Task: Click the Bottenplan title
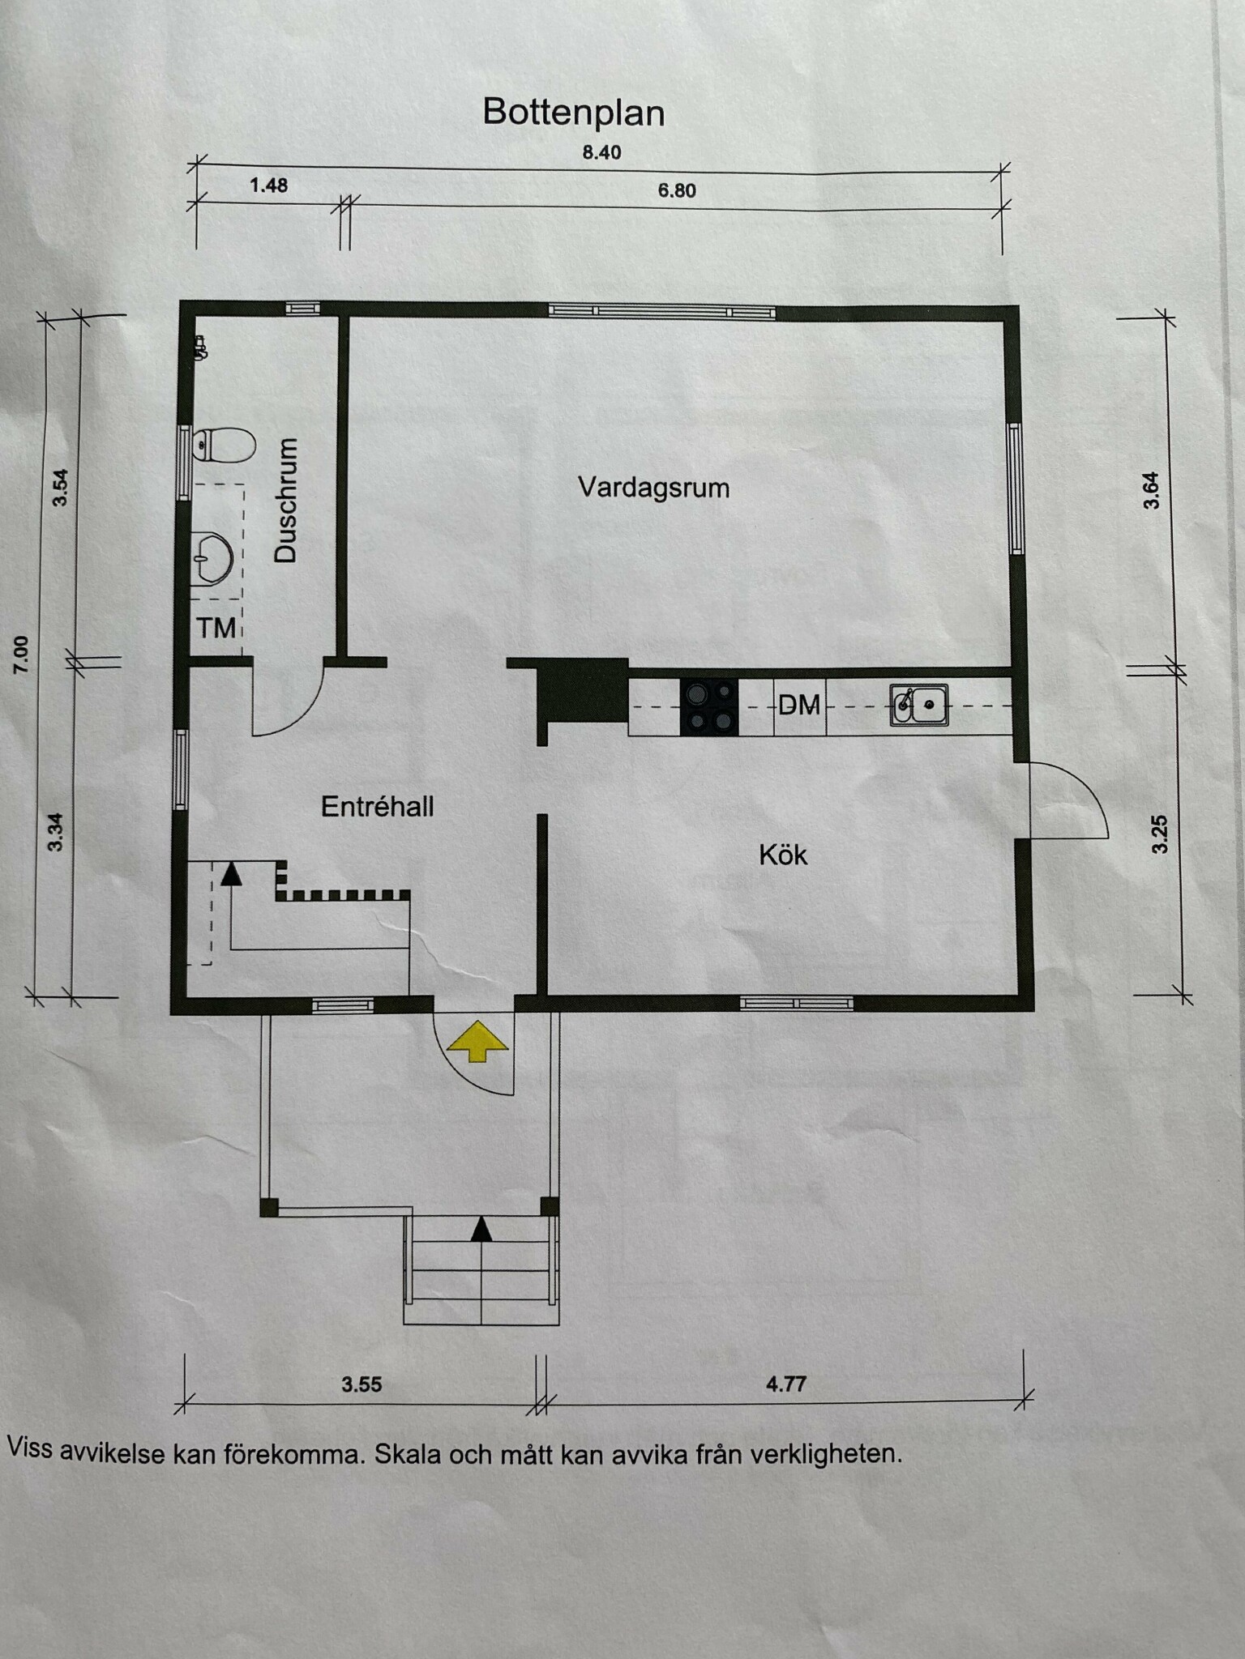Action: [574, 113]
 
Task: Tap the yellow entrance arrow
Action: [478, 1041]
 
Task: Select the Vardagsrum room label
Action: [653, 488]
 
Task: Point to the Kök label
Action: [783, 855]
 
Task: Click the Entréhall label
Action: [378, 807]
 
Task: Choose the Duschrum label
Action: [286, 500]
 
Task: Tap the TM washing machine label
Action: [216, 628]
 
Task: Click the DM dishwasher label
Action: [799, 706]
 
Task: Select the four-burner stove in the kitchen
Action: [709, 707]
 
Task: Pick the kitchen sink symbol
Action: [919, 705]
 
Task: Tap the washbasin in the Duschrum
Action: [213, 557]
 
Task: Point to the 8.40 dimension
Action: [601, 152]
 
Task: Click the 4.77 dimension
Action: [785, 1384]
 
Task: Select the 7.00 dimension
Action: [21, 655]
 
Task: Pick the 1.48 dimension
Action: [268, 186]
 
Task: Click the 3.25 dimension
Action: [1160, 834]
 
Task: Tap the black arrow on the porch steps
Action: [481, 1229]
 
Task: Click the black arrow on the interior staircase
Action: [232, 872]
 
